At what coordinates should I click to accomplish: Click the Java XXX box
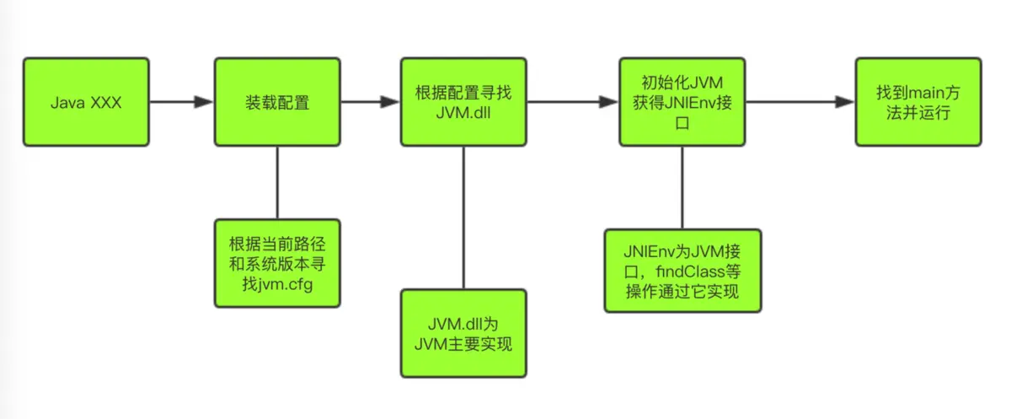coord(85,102)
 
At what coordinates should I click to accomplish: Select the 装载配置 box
coord(277,102)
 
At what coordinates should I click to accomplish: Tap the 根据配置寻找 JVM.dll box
coord(464,102)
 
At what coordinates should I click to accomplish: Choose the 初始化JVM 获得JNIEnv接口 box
coord(682,102)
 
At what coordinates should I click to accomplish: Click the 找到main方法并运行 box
coord(918,102)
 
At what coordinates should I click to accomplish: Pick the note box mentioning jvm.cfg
coord(277,263)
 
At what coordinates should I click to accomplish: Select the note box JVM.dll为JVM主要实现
coord(463,333)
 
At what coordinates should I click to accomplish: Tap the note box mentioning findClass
coord(682,271)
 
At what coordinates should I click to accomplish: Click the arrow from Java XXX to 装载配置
coord(181,102)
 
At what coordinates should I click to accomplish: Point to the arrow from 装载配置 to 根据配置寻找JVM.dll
coord(370,102)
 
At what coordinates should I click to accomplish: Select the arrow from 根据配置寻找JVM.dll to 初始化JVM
coord(573,102)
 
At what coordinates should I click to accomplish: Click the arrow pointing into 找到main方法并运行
coord(800,102)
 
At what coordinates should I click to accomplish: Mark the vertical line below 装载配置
coord(277,181)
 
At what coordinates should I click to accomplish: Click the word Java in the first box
coord(65,103)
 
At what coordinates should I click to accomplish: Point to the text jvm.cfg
coord(286,282)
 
